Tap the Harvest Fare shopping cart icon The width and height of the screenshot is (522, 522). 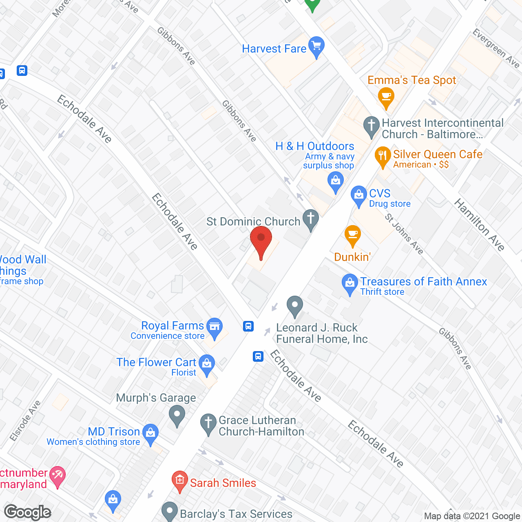(316, 46)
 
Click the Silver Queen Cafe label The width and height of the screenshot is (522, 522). (438, 155)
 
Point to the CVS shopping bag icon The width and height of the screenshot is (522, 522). (358, 196)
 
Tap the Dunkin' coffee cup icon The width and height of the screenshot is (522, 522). (353, 235)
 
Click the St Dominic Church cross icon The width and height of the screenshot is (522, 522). (311, 219)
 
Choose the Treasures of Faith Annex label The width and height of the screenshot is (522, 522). (423, 281)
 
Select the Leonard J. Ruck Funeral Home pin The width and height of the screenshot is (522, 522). (294, 306)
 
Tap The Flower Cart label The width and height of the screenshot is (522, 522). (157, 362)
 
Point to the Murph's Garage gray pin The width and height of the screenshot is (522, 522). (177, 415)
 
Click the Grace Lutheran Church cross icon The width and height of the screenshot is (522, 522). (208, 424)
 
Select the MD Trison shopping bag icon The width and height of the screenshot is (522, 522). (151, 434)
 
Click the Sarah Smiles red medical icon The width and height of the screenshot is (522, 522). (179, 480)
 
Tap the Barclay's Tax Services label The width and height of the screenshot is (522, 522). (237, 514)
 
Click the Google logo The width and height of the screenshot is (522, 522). (28, 512)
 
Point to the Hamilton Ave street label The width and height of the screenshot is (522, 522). (480, 224)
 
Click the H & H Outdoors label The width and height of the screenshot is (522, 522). (315, 146)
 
